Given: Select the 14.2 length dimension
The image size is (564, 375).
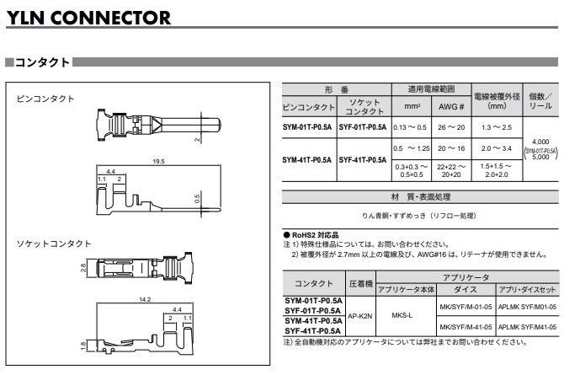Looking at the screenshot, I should click(x=145, y=298).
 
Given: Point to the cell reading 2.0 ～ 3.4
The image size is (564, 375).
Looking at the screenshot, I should click(x=496, y=148).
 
